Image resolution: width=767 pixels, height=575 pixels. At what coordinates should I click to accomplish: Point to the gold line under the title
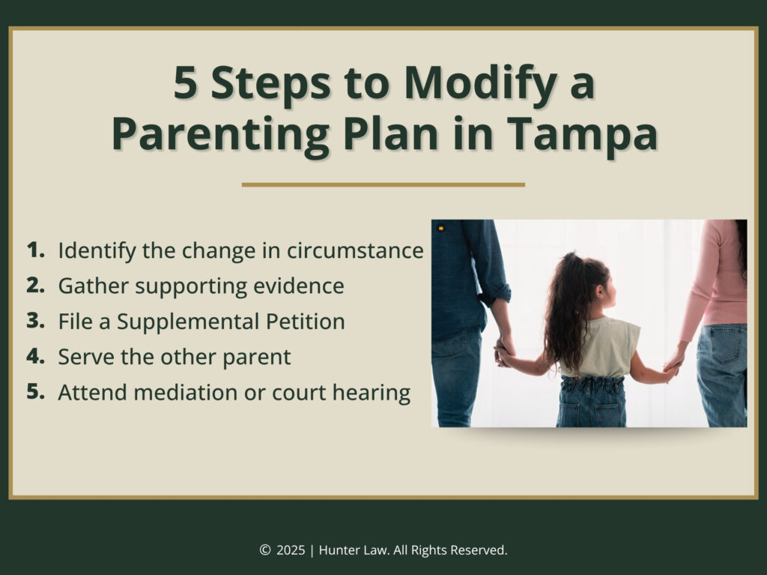click(x=383, y=184)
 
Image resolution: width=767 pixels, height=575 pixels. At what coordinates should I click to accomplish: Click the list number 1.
click(x=35, y=250)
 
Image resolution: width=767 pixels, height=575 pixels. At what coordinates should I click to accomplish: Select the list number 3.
click(x=36, y=321)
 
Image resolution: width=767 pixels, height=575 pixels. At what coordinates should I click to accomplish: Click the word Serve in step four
click(x=83, y=357)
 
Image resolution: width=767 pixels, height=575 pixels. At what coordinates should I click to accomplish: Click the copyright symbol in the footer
click(x=264, y=550)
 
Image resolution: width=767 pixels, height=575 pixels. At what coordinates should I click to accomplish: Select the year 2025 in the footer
click(x=291, y=550)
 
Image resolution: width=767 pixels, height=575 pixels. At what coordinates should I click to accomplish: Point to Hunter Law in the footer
click(x=350, y=550)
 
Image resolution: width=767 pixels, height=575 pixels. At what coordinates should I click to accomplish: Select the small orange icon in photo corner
click(x=441, y=228)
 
